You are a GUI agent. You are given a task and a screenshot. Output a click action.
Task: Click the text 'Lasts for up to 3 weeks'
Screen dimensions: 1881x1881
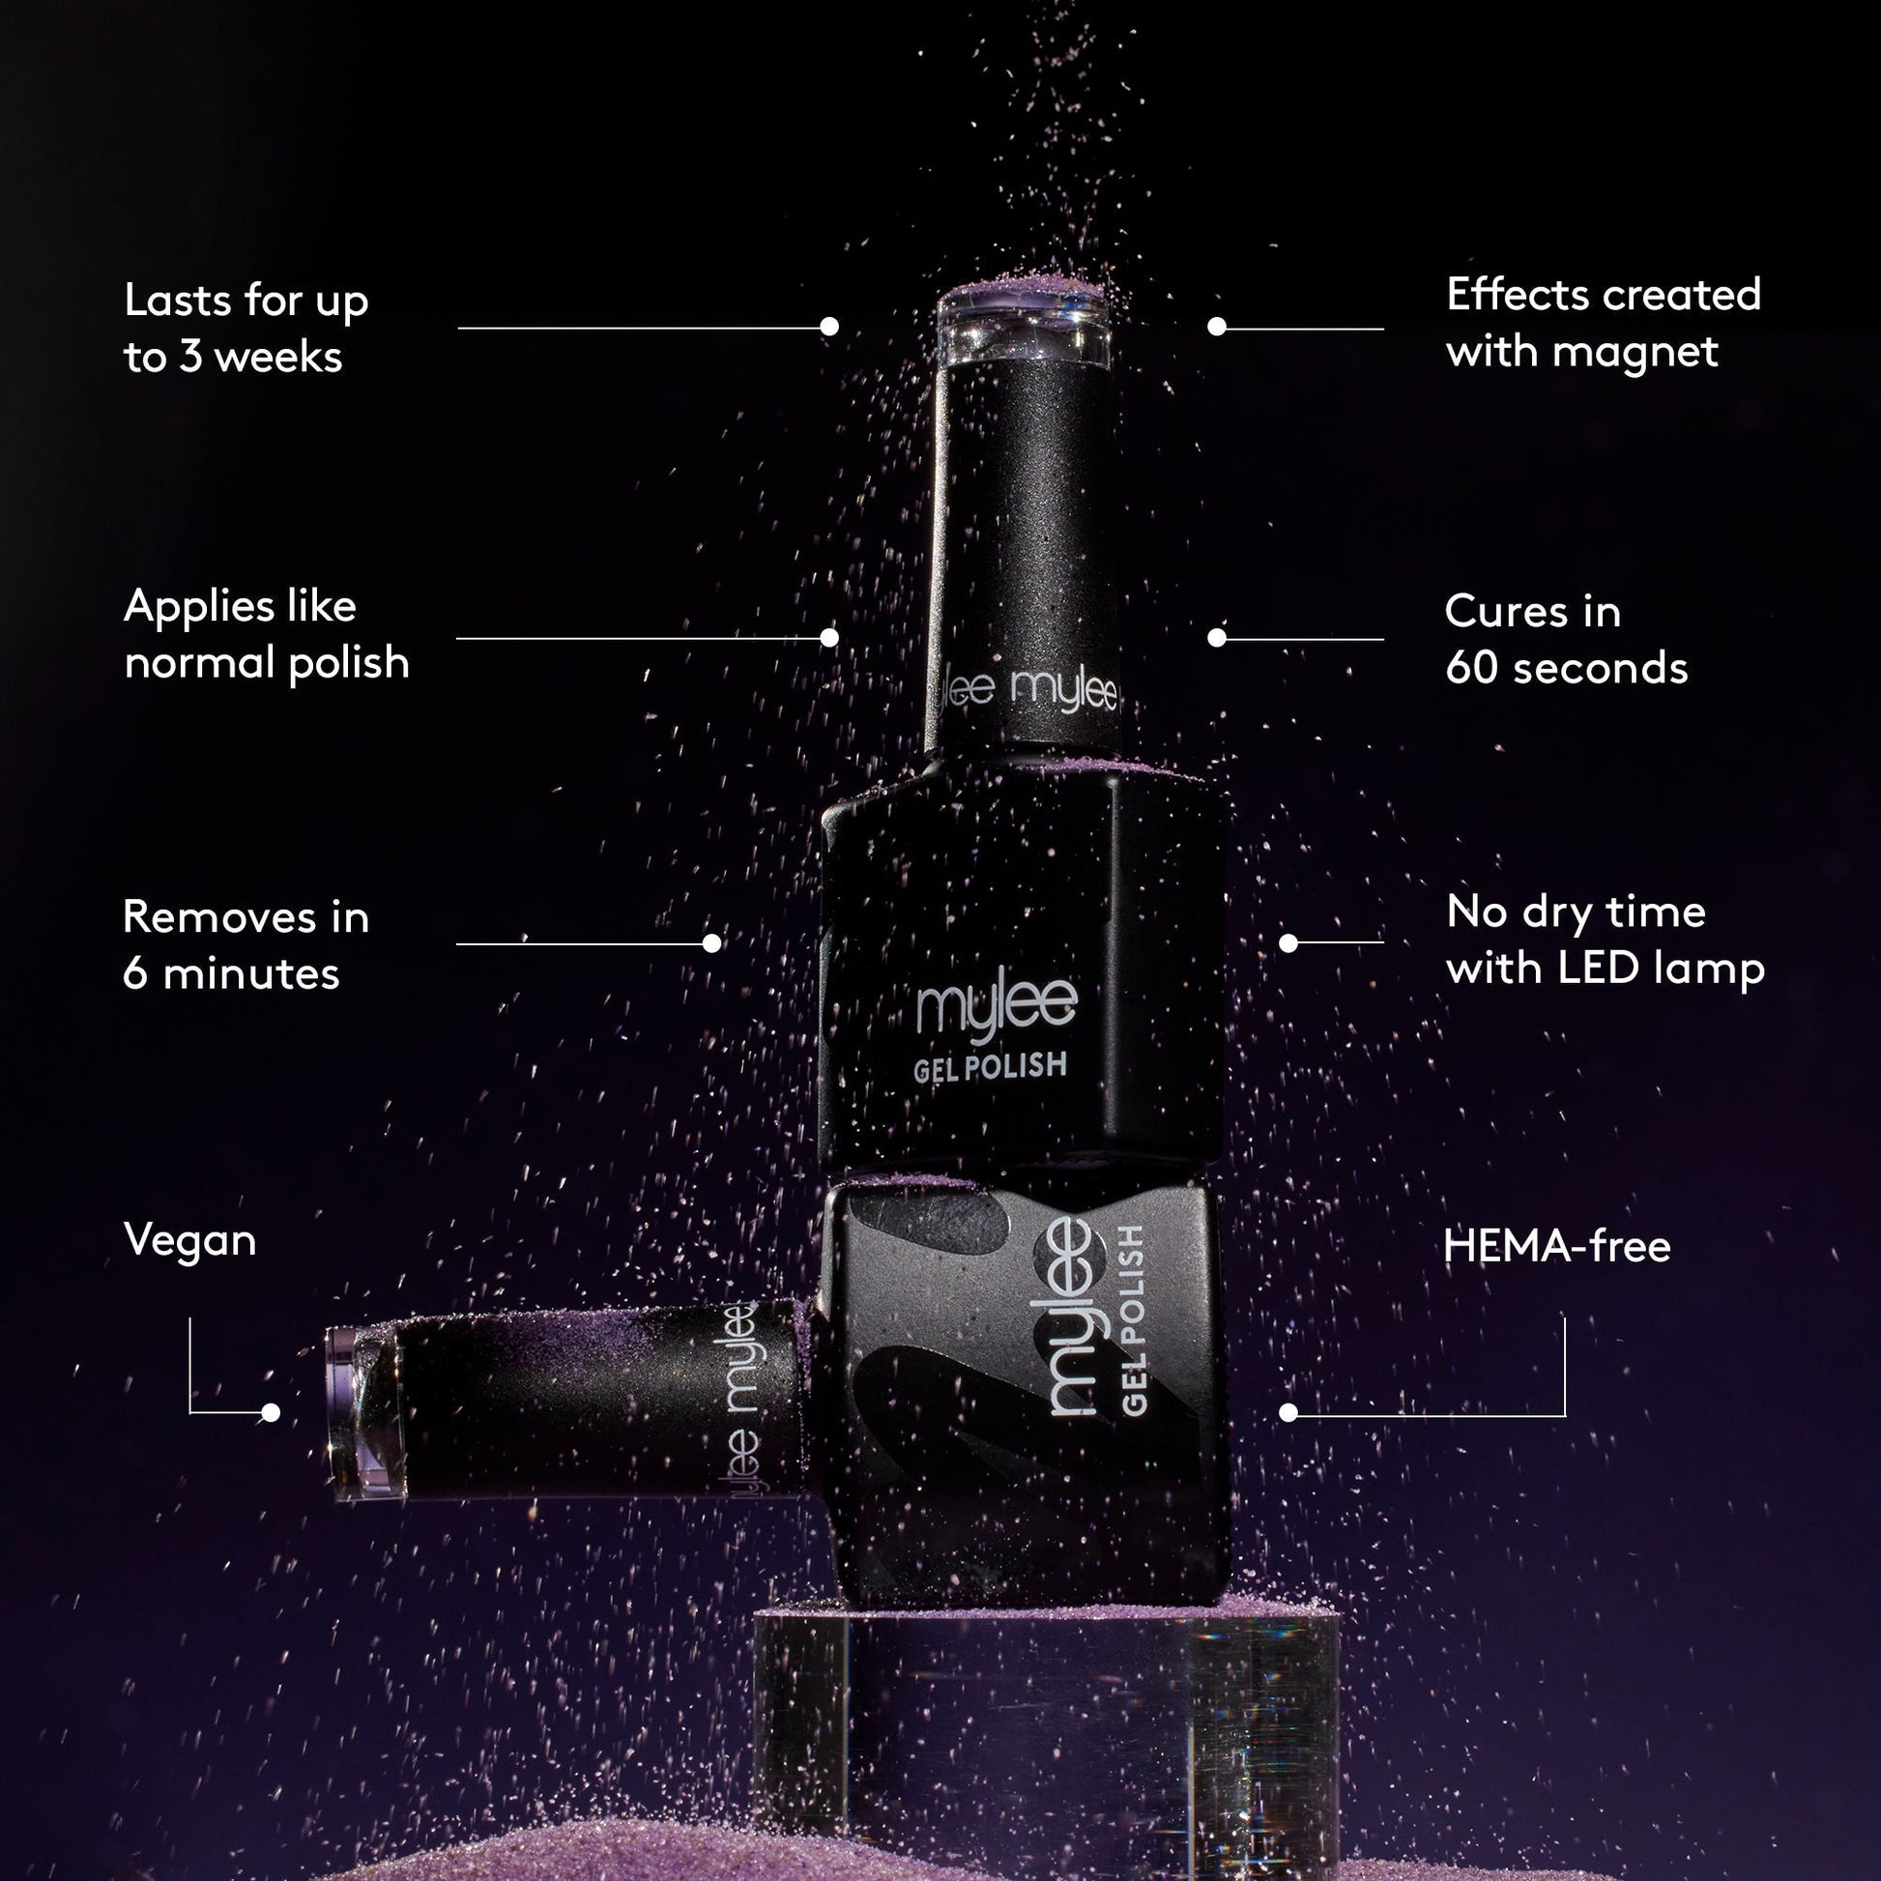tap(246, 328)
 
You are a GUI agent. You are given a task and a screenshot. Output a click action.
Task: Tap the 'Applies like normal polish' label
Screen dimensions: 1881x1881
tap(267, 634)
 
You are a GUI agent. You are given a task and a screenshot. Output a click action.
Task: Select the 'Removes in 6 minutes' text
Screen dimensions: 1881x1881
tap(246, 944)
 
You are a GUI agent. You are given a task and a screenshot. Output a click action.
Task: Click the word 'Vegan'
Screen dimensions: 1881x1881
tap(189, 1241)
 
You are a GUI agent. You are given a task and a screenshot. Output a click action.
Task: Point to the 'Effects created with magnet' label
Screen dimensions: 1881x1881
tap(1604, 323)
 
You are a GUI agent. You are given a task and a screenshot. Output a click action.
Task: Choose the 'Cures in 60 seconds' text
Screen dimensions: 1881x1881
tap(1567, 640)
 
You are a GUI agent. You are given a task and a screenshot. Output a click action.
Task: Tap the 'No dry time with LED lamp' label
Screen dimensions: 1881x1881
tap(1606, 940)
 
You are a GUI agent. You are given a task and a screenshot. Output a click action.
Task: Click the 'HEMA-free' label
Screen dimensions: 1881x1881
tap(1558, 1246)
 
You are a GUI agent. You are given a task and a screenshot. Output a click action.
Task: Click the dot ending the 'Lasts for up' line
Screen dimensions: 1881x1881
tap(829, 326)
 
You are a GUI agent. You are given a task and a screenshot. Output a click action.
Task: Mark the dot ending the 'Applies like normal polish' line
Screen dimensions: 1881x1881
tap(829, 637)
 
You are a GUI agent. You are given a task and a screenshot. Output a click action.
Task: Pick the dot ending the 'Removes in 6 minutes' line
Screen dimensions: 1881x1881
tap(711, 942)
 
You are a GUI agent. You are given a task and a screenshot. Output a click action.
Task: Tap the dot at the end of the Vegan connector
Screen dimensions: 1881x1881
tap(271, 1412)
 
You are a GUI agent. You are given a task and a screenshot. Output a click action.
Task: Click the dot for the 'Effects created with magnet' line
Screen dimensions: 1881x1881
tap(1217, 326)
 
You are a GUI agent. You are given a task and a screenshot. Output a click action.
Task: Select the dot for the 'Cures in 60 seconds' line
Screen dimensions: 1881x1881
tap(1217, 637)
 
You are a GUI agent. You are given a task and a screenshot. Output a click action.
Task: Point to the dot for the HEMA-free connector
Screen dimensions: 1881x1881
tap(1288, 1412)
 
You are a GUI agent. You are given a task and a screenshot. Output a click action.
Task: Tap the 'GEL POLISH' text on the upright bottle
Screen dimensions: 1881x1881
tap(990, 1067)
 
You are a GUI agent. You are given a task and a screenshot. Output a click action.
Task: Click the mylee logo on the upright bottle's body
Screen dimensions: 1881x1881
tap(996, 1006)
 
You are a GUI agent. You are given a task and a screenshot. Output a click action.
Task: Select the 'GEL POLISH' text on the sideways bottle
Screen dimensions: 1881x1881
tap(1132, 1319)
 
